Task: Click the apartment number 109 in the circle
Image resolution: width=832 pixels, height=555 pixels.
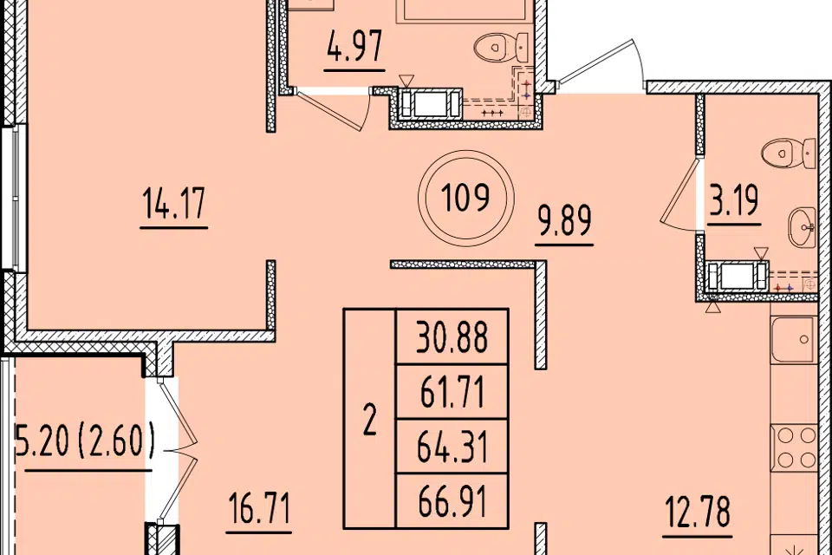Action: pyautogui.click(x=465, y=198)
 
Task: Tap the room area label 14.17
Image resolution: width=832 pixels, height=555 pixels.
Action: pyautogui.click(x=173, y=203)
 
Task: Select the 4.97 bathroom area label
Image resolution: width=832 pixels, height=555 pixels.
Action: pyautogui.click(x=354, y=46)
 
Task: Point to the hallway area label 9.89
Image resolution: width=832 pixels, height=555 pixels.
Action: pyautogui.click(x=564, y=220)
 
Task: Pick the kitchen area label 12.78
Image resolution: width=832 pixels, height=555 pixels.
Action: pyautogui.click(x=698, y=511)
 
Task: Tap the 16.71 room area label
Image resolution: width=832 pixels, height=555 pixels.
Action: pyautogui.click(x=259, y=507)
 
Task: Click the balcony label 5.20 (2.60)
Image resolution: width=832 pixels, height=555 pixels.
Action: pyautogui.click(x=85, y=441)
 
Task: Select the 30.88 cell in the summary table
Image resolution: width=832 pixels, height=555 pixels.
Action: pyautogui.click(x=452, y=336)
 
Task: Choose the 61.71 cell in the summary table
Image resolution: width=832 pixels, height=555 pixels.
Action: pyautogui.click(x=452, y=392)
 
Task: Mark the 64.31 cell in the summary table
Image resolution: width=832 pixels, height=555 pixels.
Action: pyautogui.click(x=452, y=447)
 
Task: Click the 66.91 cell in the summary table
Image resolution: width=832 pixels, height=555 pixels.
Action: pyautogui.click(x=452, y=502)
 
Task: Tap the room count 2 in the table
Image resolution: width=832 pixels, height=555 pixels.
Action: pyautogui.click(x=370, y=419)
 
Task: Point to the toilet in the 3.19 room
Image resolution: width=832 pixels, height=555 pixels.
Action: pyautogui.click(x=789, y=153)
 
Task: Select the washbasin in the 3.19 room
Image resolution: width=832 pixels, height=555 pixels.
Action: pyautogui.click(x=802, y=227)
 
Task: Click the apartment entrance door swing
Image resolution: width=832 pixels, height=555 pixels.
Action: pyautogui.click(x=602, y=62)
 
